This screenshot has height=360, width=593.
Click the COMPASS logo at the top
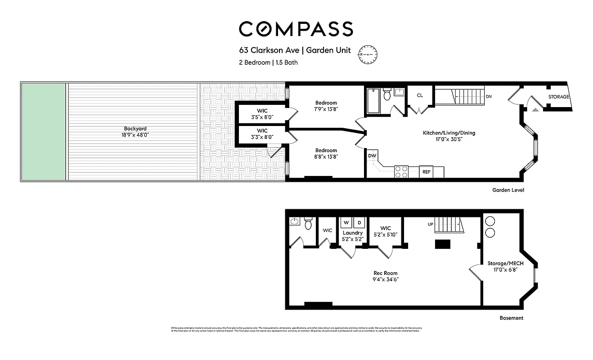296,29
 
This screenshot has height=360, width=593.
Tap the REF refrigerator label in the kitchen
426,172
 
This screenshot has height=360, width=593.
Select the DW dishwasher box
372,156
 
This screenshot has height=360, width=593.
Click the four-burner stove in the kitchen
401,172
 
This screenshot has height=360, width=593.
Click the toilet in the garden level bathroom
387,95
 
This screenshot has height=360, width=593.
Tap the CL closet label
420,95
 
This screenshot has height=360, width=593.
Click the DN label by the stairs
489,97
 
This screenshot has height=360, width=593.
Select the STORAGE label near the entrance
558,97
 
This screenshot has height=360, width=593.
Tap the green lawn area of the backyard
43,132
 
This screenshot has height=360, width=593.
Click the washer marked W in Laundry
346,222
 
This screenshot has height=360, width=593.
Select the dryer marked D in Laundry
359,222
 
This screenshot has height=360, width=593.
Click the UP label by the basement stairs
430,224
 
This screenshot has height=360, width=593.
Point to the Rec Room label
386,273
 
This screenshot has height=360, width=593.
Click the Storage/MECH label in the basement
505,264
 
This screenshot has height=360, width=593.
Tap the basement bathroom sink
295,221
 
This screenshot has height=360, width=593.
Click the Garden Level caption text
508,190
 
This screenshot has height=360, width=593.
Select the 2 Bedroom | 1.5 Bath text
268,63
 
